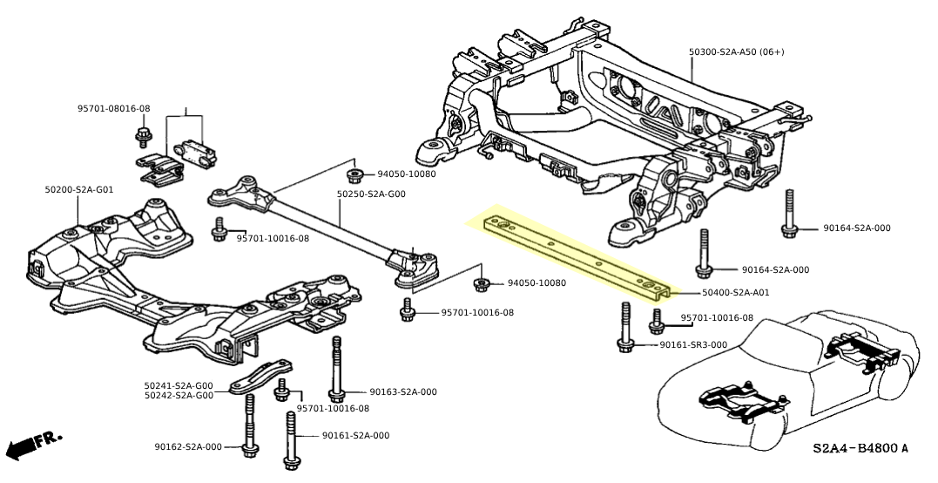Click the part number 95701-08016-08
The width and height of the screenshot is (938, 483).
tap(113, 109)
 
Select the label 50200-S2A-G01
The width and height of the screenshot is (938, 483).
tap(79, 189)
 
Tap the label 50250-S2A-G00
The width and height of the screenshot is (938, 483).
tap(372, 194)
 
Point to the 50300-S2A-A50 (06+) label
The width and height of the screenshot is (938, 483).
tap(737, 52)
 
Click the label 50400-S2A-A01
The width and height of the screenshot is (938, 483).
tap(723, 293)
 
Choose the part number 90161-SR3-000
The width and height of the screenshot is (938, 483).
tap(692, 345)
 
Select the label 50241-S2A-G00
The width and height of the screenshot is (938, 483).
tap(179, 385)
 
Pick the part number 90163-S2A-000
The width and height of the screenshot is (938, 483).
tap(402, 392)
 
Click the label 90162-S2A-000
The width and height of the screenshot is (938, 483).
tap(189, 447)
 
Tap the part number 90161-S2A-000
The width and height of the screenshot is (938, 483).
tap(355, 436)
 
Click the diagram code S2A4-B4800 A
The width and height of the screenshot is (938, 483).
tap(860, 449)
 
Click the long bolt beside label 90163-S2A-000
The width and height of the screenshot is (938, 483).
tap(335, 371)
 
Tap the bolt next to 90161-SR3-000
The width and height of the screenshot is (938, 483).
tap(624, 327)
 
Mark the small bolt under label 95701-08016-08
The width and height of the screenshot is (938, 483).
tap(143, 136)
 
